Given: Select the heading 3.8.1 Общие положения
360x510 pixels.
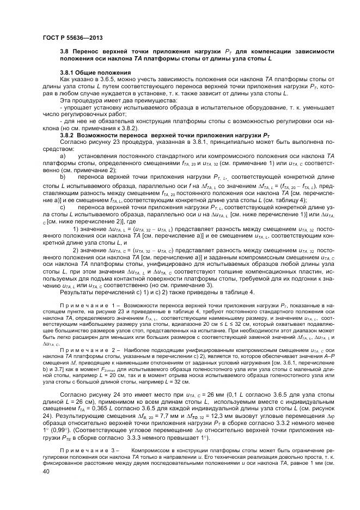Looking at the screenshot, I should pos(95,72).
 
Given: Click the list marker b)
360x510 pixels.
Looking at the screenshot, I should pos(62,177).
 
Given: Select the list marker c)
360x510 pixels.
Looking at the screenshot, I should pos(62,208).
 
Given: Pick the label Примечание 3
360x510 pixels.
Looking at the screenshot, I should pos(87,451).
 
